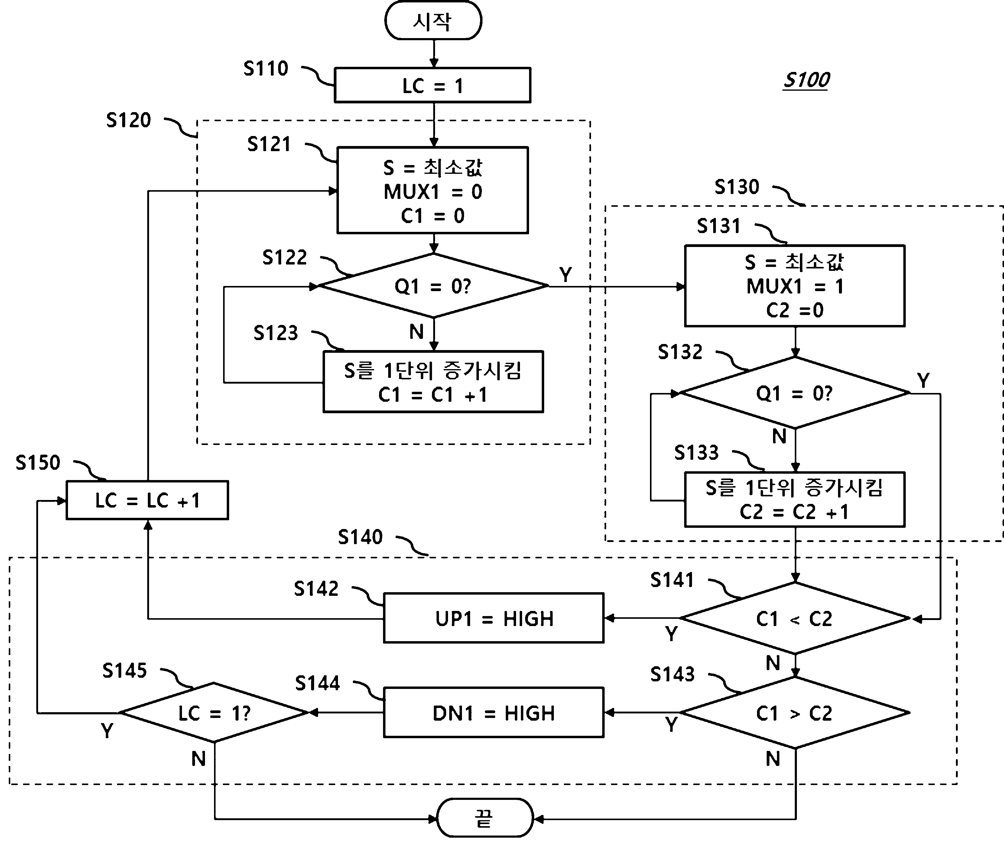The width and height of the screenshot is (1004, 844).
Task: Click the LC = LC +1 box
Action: [x=148, y=500]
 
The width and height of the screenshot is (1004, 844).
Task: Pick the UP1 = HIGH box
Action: [x=494, y=618]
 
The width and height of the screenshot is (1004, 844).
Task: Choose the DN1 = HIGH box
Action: [x=494, y=713]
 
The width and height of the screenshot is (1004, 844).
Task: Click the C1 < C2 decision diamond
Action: [x=795, y=618]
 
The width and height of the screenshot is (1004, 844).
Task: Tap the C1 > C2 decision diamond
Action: [x=795, y=713]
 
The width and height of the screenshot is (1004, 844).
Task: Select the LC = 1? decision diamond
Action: [x=214, y=713]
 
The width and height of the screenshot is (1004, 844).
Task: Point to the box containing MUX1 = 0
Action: [x=433, y=190]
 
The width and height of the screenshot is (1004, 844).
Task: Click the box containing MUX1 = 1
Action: [x=795, y=286]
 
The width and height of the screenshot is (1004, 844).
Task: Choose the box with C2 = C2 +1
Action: [x=795, y=499]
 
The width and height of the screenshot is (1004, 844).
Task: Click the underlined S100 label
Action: [x=807, y=80]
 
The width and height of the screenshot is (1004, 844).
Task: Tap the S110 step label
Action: [x=266, y=68]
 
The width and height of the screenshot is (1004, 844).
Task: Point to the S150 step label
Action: [x=38, y=463]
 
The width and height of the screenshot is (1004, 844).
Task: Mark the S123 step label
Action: [x=276, y=333]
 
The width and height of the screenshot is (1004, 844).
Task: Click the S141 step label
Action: [x=672, y=580]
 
